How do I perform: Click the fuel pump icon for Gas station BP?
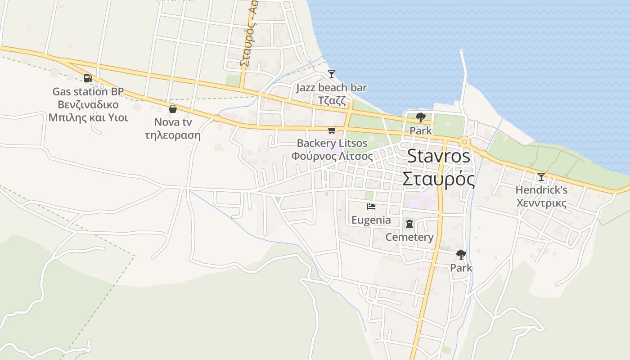(x=88, y=78)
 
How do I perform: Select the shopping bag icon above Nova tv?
(x=172, y=109)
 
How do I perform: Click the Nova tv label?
(x=173, y=122)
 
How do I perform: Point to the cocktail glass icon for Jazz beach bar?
(x=332, y=74)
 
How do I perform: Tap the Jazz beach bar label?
(x=331, y=88)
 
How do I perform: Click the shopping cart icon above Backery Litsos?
(x=332, y=130)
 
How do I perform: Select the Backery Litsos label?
(x=332, y=143)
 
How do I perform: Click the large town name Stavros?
(x=439, y=157)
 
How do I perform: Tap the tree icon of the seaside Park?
(x=421, y=118)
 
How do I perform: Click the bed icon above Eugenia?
(x=371, y=207)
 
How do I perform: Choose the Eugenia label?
(x=371, y=220)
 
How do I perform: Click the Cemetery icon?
(x=409, y=224)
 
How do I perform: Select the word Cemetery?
(x=409, y=237)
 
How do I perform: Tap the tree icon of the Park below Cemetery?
(x=461, y=255)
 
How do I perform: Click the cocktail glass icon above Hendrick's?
(x=541, y=177)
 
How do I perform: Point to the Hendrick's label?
(x=541, y=190)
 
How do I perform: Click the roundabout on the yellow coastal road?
(x=464, y=142)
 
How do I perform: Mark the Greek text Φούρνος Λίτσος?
(x=332, y=157)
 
